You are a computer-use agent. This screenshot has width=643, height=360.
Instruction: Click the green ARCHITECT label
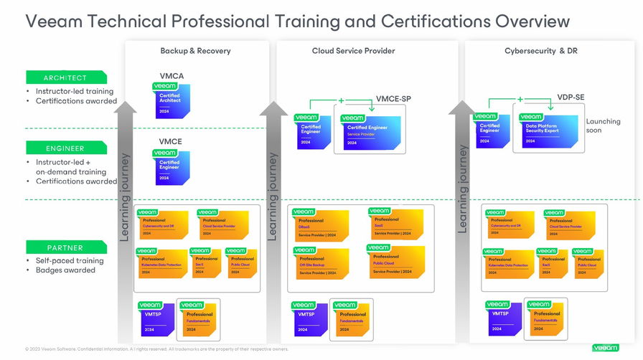65,77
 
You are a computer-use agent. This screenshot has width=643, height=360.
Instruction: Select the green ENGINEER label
65,148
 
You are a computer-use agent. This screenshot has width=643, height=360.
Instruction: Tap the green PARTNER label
65,247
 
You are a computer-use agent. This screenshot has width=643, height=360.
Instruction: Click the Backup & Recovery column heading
195,51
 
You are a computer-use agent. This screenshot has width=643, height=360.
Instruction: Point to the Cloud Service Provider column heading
353,51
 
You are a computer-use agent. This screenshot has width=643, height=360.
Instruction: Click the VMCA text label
172,76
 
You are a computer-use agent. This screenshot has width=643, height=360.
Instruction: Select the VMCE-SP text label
393,99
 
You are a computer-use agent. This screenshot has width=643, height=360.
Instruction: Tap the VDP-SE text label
571,97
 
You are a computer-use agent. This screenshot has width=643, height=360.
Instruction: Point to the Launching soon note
603,125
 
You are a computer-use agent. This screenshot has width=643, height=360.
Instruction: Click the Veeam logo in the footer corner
605,348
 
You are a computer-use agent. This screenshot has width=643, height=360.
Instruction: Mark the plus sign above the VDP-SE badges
520,99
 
